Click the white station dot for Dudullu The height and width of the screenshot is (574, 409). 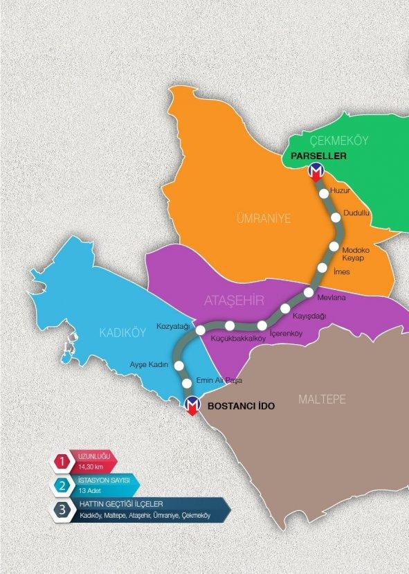point(337,218)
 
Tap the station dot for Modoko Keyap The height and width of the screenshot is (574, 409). point(335,247)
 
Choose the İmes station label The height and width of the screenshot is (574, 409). point(342,271)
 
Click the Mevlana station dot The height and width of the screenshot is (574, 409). point(309,292)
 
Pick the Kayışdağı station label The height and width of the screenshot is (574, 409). point(309,316)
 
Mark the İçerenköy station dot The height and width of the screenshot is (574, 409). point(262,325)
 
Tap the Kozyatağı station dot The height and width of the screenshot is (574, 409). point(200,331)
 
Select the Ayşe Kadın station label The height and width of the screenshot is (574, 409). point(149,364)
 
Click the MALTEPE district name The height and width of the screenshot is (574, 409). point(322,400)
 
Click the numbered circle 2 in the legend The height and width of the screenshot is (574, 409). point(63,485)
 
